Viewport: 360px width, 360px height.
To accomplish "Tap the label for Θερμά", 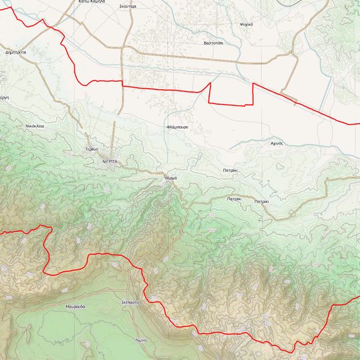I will click(171, 179).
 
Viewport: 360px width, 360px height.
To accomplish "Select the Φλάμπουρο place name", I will click(177, 126).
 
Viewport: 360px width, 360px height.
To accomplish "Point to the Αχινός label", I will click(277, 143).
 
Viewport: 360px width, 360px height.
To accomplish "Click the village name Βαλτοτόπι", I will click(213, 42).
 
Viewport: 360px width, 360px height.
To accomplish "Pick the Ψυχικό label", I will click(246, 24).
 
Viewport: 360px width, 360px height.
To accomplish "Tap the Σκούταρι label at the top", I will click(128, 5).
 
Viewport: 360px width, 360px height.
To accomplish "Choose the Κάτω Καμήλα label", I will click(92, 2).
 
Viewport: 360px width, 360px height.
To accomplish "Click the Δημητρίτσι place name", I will click(15, 51).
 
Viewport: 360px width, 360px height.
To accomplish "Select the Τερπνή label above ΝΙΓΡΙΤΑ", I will click(92, 149).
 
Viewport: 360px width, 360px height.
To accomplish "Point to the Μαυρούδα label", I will click(75, 306).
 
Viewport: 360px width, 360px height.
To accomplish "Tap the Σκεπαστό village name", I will click(129, 302).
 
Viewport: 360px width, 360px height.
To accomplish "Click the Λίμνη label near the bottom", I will click(140, 340).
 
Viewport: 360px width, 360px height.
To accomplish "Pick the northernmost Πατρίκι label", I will click(231, 171).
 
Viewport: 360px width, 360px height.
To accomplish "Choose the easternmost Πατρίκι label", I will click(261, 201).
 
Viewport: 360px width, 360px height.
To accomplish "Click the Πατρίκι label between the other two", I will click(234, 199).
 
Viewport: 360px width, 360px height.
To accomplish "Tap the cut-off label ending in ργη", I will click(3, 97).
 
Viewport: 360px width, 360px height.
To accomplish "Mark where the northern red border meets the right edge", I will click(359, 124).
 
